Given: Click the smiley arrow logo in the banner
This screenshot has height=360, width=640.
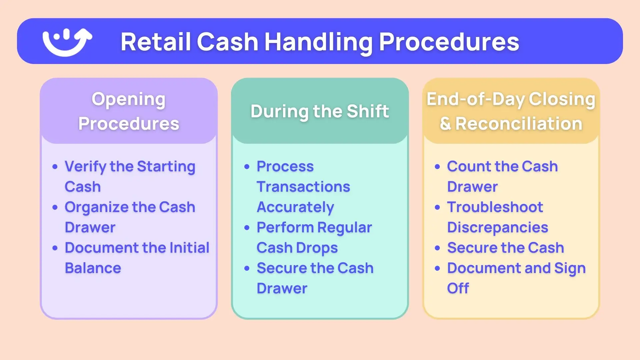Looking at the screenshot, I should point(67,42).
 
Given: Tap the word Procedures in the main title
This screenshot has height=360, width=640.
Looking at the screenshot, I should point(449,42).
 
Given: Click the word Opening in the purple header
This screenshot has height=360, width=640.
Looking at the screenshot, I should point(128,99).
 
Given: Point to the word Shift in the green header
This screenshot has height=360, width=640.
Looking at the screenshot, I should point(368,111).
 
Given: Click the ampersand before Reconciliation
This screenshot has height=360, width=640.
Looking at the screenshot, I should point(445,124).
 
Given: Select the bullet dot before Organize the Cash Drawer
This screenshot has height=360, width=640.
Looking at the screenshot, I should point(55,208).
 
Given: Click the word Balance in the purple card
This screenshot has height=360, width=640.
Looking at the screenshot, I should point(93,268).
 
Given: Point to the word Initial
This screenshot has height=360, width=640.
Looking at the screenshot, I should point(189,248).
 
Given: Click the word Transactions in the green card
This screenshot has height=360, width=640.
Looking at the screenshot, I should point(303,187).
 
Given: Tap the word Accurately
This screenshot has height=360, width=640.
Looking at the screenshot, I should point(295,207).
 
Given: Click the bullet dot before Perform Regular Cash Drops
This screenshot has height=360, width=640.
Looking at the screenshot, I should point(247,228).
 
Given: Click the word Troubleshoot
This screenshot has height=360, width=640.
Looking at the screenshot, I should point(495,207).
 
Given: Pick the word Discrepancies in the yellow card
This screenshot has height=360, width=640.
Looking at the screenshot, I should point(497,228).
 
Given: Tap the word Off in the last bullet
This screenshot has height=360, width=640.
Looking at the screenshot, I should point(458,288).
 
